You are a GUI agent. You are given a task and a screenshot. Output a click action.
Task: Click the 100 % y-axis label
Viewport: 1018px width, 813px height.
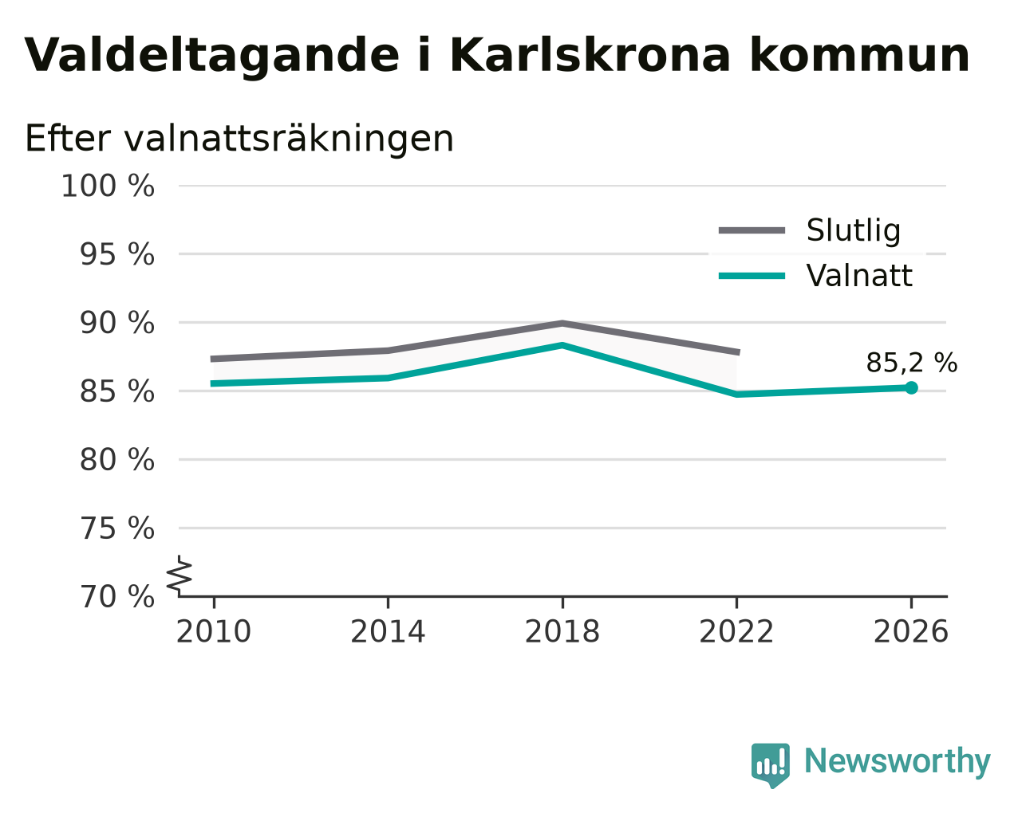108,186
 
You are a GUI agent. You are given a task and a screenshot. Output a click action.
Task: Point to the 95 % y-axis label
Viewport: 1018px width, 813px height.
116,254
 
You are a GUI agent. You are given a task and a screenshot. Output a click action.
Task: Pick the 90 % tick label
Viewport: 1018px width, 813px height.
116,324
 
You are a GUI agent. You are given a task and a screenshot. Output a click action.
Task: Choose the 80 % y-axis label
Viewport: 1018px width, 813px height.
116,459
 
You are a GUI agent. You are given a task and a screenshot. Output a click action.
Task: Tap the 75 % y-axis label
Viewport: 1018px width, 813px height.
116,528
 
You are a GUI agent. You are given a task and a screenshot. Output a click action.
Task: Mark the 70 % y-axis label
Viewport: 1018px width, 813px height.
116,596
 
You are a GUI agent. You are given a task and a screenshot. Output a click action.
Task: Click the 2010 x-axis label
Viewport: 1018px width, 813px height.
213,632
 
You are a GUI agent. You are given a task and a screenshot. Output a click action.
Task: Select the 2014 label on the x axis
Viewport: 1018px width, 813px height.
388,632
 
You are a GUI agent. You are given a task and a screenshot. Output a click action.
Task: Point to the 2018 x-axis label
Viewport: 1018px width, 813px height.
562,632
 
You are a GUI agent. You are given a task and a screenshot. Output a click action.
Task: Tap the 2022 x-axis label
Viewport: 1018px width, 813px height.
736,632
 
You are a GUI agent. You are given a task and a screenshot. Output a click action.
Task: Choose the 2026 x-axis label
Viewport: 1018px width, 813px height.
911,632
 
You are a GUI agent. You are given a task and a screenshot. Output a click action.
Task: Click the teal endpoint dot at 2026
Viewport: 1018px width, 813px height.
912,388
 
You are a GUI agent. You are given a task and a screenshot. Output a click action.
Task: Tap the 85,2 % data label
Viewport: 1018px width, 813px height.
912,363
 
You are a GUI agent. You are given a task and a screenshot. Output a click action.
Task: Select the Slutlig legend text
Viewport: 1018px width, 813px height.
854,231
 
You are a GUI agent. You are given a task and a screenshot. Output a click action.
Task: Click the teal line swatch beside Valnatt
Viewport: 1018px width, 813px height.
752,276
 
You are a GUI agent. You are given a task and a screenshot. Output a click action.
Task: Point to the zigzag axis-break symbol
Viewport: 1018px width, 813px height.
180,575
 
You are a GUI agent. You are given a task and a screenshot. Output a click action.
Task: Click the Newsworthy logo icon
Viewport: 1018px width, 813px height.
771,765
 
